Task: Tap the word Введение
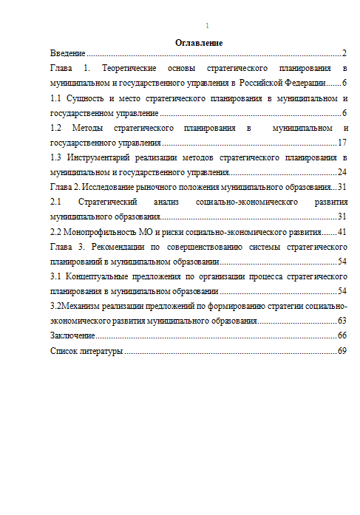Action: coord(67,54)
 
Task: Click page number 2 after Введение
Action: coord(344,54)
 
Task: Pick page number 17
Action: coord(342,142)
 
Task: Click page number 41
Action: coord(342,232)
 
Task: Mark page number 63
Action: coord(342,321)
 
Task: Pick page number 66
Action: coord(342,336)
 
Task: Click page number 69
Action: coord(342,351)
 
